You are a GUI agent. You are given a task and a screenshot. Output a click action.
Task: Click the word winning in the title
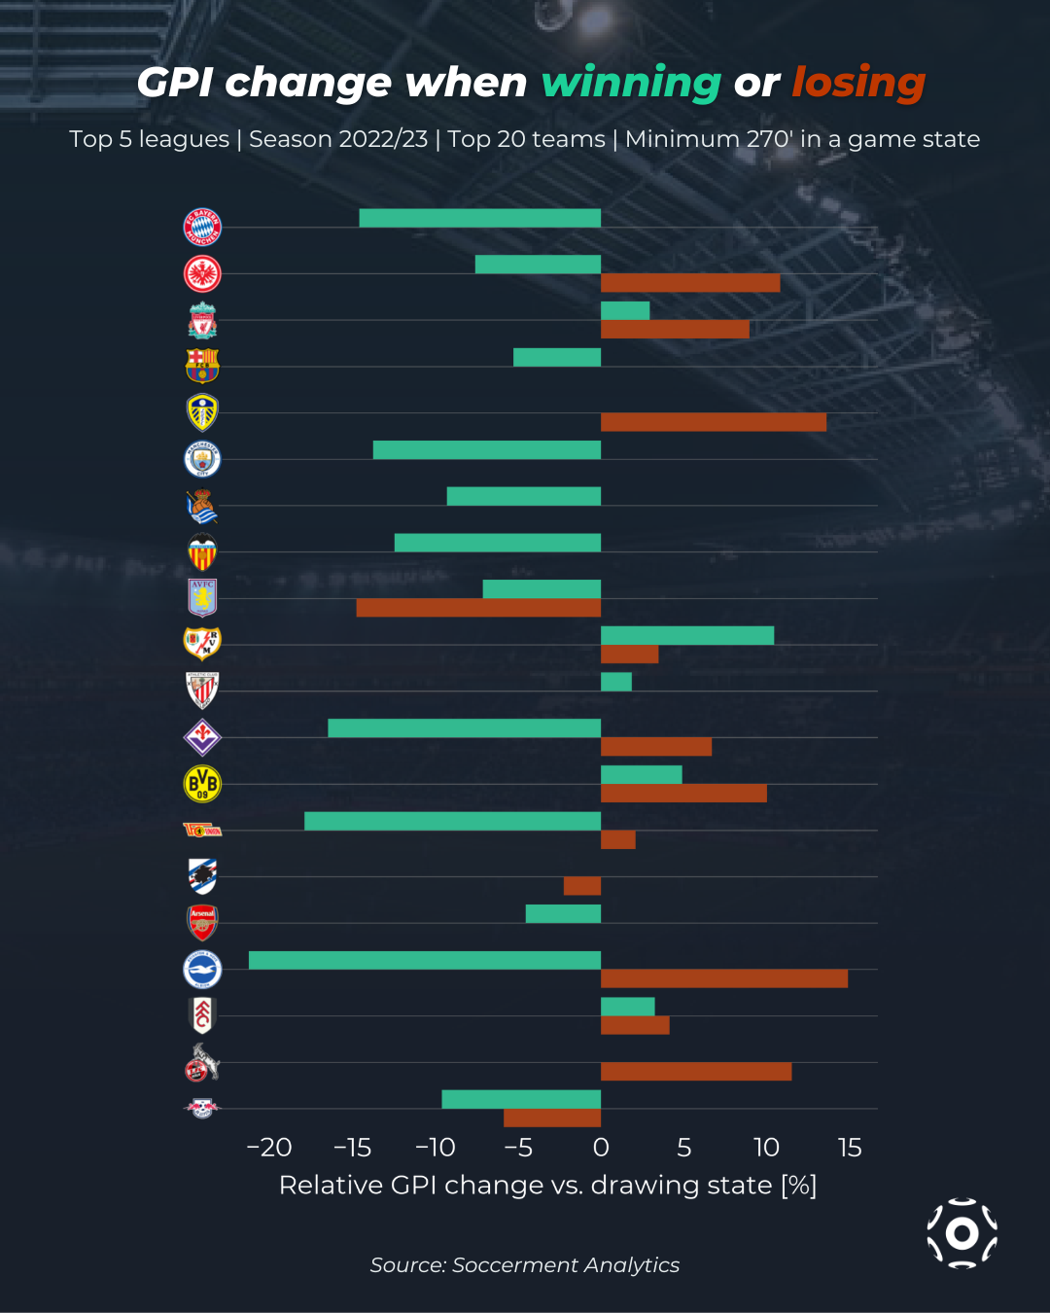pyautogui.click(x=631, y=84)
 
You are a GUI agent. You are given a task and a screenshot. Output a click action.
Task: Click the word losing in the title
pyautogui.click(x=857, y=84)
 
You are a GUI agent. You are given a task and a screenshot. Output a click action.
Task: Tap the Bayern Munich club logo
pyautogui.click(x=202, y=228)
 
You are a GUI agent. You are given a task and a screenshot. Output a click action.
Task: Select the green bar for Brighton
pyautogui.click(x=424, y=960)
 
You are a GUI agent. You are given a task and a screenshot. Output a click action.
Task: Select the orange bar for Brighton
pyautogui.click(x=723, y=978)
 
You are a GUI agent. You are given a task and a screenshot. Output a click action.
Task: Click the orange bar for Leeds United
pyautogui.click(x=713, y=422)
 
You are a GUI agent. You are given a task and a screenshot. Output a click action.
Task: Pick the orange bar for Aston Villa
pyautogui.click(x=478, y=608)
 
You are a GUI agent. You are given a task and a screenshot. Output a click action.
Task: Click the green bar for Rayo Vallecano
pyautogui.click(x=686, y=636)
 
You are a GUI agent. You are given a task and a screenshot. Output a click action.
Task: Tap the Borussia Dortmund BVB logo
pyautogui.click(x=202, y=784)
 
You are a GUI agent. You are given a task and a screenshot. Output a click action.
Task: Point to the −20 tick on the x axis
pyautogui.click(x=269, y=1148)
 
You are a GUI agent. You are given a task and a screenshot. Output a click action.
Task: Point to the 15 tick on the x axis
pyautogui.click(x=849, y=1148)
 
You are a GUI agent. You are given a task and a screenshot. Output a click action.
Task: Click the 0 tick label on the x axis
pyautogui.click(x=601, y=1148)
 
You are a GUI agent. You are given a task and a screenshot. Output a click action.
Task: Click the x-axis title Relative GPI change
pyautogui.click(x=547, y=1186)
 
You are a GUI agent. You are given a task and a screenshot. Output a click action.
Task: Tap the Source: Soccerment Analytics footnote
pyautogui.click(x=524, y=1265)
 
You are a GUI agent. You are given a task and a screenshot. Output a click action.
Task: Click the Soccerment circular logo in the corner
pyautogui.click(x=962, y=1233)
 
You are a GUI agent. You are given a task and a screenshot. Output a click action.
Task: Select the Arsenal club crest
pyautogui.click(x=202, y=922)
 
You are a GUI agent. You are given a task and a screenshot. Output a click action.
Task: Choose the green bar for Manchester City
pyautogui.click(x=486, y=450)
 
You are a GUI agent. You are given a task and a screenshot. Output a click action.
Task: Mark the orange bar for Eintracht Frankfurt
pyautogui.click(x=689, y=283)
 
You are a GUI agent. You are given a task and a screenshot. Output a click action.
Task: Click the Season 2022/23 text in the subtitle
pyautogui.click(x=338, y=139)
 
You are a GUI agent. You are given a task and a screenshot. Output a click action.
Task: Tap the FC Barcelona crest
pyautogui.click(x=202, y=366)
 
